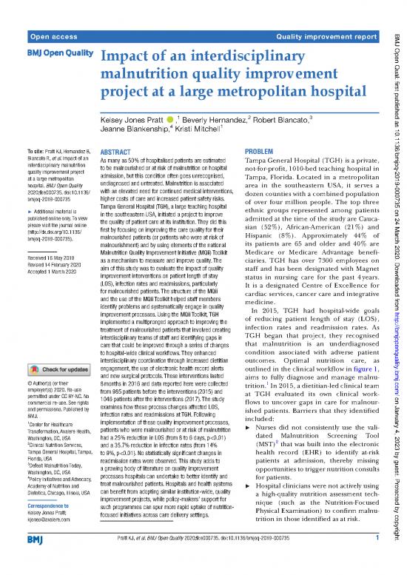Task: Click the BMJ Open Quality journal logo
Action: coord(53,56)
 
